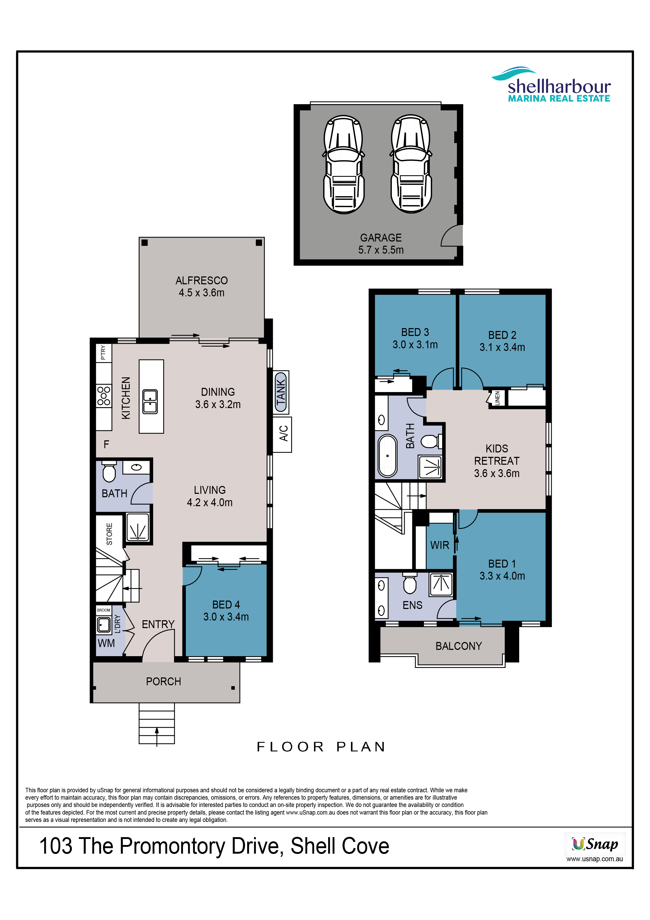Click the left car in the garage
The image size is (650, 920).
coord(344,164)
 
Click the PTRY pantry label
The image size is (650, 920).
coord(103,353)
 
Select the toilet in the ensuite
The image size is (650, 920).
coord(410,584)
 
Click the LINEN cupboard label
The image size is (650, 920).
coord(497,398)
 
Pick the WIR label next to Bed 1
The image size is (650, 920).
coord(440,545)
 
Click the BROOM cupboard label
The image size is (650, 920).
coord(104,610)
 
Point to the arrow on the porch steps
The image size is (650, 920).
coord(156,736)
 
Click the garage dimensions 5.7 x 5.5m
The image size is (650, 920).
coord(381,250)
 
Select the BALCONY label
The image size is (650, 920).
coord(459,646)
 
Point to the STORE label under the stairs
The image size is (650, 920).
coord(109,534)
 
